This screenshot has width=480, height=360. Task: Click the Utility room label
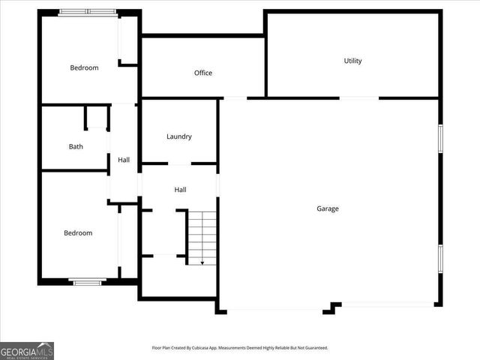(352, 61)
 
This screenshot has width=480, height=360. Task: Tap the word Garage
(327, 208)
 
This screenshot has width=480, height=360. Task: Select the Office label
(203, 73)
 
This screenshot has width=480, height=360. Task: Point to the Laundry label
(179, 136)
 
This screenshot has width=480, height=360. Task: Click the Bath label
(76, 146)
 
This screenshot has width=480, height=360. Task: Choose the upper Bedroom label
(84, 68)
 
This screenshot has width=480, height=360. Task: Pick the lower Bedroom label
(78, 233)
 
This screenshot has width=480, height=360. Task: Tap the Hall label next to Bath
(124, 160)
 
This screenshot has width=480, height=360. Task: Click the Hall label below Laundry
(180, 190)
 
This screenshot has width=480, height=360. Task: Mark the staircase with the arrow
(202, 236)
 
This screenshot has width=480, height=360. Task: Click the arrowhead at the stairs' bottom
(202, 262)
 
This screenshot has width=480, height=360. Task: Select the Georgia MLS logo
(27, 350)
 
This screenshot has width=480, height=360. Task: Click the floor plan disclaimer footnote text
(240, 348)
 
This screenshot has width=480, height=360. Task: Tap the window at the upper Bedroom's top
(87, 12)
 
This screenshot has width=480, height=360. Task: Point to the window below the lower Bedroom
(86, 282)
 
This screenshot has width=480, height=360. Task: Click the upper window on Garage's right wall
(440, 139)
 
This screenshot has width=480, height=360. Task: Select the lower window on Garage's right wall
(440, 259)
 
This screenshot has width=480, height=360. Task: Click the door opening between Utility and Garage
(359, 97)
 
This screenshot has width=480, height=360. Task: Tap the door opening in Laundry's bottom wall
(179, 163)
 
